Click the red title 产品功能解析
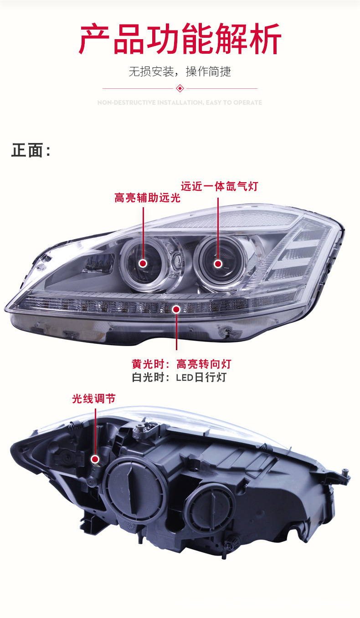click(x=180, y=39)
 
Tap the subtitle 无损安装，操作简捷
click(x=180, y=72)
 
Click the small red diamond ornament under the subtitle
click(x=180, y=88)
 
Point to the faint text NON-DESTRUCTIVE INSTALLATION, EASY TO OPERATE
click(x=180, y=103)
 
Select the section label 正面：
click(x=31, y=150)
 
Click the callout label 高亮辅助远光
click(x=147, y=198)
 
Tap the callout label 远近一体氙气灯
click(x=219, y=186)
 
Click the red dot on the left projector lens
click(x=143, y=263)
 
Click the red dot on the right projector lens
click(x=218, y=263)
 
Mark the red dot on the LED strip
click(x=176, y=309)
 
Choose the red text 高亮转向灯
click(x=204, y=364)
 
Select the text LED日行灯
click(x=201, y=378)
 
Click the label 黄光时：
click(x=150, y=364)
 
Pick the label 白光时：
click(x=150, y=378)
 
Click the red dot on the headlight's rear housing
click(x=95, y=459)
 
